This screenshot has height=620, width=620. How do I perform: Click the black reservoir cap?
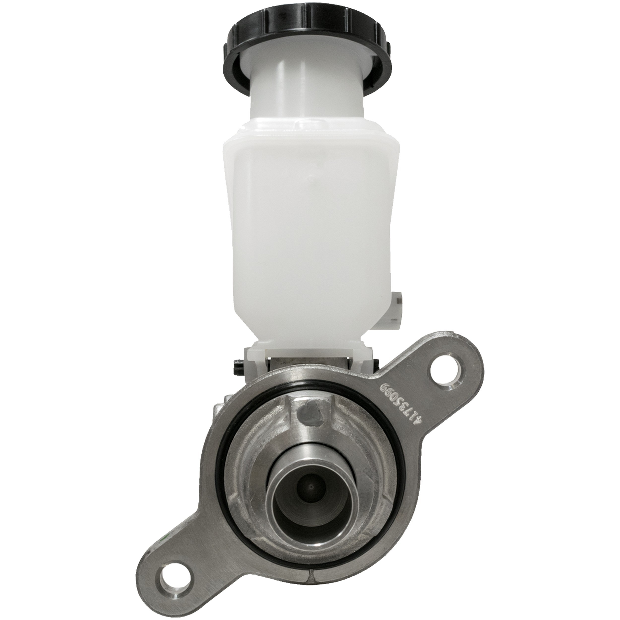tap(308, 48)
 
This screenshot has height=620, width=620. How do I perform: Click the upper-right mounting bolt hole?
tap(443, 377)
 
